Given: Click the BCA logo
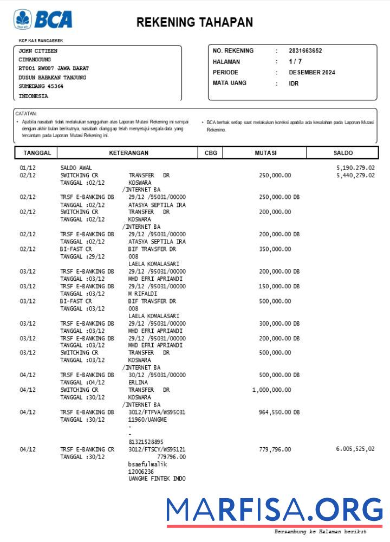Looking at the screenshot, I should click(x=43, y=20).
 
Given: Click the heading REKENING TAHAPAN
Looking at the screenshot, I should click(x=194, y=22).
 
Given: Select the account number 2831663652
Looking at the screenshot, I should click(x=305, y=51).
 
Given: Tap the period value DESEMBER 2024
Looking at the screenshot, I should click(x=311, y=73).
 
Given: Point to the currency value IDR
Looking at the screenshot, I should click(x=293, y=83).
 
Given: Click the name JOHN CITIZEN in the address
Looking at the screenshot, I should click(x=38, y=51).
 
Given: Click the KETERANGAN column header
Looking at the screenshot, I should click(x=128, y=153).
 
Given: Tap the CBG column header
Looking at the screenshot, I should click(x=211, y=153).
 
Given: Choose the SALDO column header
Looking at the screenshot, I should click(x=343, y=153).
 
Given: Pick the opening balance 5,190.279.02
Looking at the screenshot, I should click(x=355, y=168).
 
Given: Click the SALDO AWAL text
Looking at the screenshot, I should click(x=76, y=168).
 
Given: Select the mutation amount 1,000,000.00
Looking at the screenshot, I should click(x=271, y=390).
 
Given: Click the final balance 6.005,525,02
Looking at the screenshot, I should click(x=355, y=449).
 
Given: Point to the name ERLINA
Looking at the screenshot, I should click(x=138, y=383).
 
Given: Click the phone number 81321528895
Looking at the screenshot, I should click(x=146, y=442).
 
